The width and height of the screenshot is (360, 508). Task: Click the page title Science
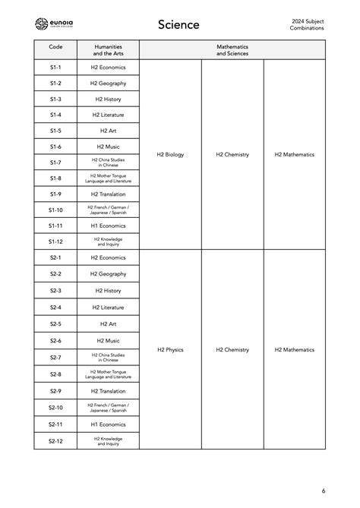tap(178, 25)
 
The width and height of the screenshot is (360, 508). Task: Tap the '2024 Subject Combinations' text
tap(306, 24)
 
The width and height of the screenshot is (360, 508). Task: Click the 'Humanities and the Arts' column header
tap(108, 50)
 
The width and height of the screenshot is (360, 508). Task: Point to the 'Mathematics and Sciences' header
tap(232, 50)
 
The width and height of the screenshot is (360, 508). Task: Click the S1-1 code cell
tap(55, 68)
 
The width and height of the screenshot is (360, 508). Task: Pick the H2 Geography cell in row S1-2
tap(108, 84)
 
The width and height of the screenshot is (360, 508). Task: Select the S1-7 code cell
tap(55, 162)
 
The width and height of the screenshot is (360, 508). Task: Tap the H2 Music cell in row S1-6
tap(108, 147)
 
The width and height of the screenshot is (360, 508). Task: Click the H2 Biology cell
tap(170, 155)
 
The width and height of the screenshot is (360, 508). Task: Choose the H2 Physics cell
tap(170, 350)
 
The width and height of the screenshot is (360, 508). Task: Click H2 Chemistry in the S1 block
tap(232, 155)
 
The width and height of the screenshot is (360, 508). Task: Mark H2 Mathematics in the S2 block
tap(294, 350)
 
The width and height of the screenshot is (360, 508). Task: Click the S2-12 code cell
tap(55, 441)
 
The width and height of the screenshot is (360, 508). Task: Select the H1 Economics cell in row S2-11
tap(108, 424)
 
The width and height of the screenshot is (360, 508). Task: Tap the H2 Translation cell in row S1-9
tap(108, 194)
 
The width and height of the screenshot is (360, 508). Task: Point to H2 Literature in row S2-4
tap(108, 308)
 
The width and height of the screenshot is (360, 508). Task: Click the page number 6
tap(323, 491)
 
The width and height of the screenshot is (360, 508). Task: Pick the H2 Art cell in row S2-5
tap(108, 324)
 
